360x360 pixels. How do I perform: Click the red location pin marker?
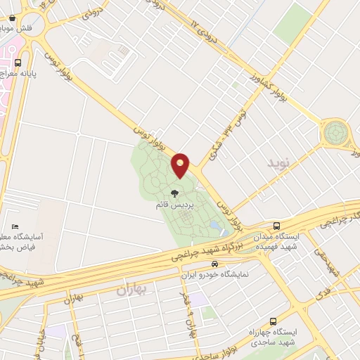click(181, 165)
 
